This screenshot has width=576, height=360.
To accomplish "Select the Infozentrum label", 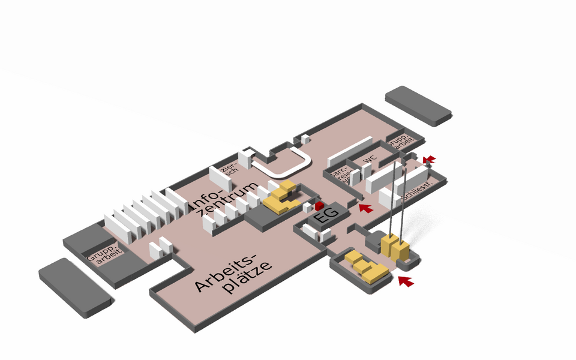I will [226, 198].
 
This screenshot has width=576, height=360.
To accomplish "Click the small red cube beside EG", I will [319, 206].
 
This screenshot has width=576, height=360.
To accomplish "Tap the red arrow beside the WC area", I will [365, 208].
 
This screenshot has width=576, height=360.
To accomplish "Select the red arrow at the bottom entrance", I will [406, 281].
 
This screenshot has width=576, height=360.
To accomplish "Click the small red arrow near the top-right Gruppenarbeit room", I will [430, 158].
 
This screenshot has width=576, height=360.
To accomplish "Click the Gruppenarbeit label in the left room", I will [106, 257].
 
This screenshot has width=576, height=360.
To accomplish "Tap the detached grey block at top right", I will [418, 105].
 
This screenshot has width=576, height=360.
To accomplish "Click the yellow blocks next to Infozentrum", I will [280, 196].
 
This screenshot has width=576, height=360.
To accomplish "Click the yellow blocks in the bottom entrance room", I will [368, 268].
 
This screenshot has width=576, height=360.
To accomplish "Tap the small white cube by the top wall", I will [305, 139].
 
